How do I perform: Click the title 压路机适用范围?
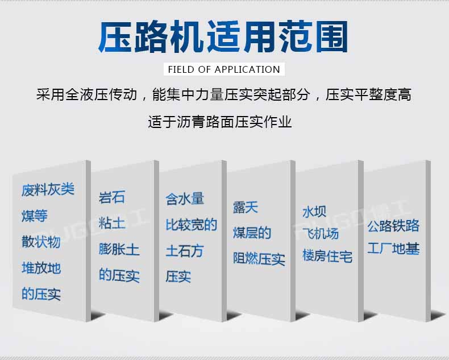pyautogui.click(x=223, y=36)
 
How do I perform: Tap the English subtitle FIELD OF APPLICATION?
pyautogui.click(x=224, y=69)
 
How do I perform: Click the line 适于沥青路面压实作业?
pyautogui.click(x=220, y=122)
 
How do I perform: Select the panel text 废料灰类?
pyautogui.click(x=48, y=189)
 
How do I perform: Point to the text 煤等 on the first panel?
pyautogui.click(x=34, y=216)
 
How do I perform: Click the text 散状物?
pyautogui.click(x=41, y=242)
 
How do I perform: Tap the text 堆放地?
pyautogui.click(x=41, y=268)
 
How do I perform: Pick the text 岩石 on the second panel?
pyautogui.click(x=111, y=197)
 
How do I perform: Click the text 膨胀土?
pyautogui.click(x=119, y=249)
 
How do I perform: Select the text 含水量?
pyautogui.click(x=185, y=199)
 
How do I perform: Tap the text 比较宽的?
pyautogui.click(x=192, y=225)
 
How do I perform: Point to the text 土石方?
pyautogui.click(x=185, y=251)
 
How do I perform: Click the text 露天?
pyautogui.click(x=246, y=208)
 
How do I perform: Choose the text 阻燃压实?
pyautogui.click(x=259, y=259)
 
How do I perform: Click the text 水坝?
pyautogui.click(x=314, y=212)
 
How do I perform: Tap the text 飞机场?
pyautogui.click(x=321, y=234)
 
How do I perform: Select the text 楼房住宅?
pyautogui.click(x=327, y=256)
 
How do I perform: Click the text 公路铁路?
pyautogui.click(x=393, y=226)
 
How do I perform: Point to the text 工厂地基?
pyautogui.click(x=393, y=249)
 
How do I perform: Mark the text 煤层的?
pyautogui.click(x=252, y=233)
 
